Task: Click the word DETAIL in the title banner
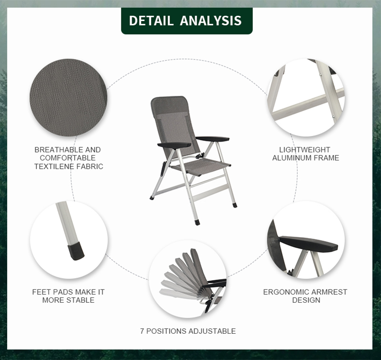pos(151,21)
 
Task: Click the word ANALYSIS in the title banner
pos(211,21)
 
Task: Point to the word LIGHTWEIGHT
pos(304,150)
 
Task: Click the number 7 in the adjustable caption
pos(142,331)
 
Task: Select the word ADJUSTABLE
pos(212,331)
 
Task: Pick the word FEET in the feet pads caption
pos(41,292)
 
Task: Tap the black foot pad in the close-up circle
pos(76,251)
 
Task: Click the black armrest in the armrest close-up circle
pos(309,244)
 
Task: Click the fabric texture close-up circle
pos(68,97)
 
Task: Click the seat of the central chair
pos(201,167)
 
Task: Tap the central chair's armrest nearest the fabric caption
pos(174,145)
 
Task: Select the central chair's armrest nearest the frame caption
pos(212,139)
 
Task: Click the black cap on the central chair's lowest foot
pos(197,222)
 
